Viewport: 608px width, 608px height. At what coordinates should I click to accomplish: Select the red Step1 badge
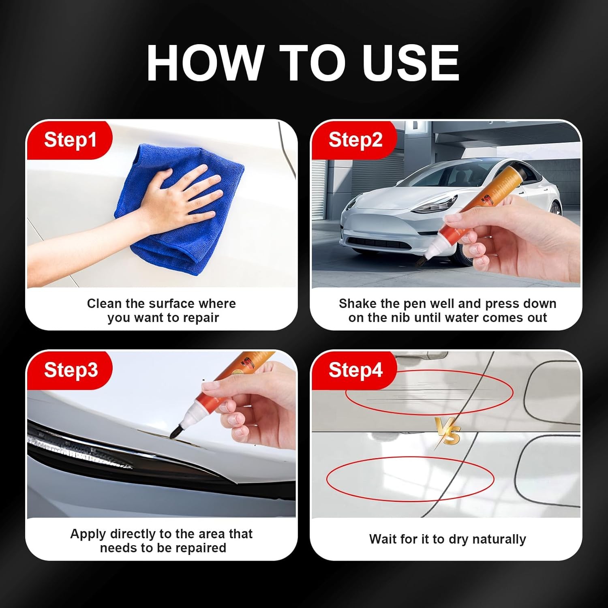pos(70,140)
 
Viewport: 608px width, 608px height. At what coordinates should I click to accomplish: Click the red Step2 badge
pos(355,140)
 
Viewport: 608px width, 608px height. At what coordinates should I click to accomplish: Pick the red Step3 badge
pos(71,370)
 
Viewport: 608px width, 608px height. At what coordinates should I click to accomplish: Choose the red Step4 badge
pos(355,370)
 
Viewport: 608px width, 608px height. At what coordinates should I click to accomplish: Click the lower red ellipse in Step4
pos(410,479)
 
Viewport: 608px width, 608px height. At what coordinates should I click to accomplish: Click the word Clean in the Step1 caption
pos(105,304)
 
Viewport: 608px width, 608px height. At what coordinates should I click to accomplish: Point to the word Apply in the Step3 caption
pos(88,534)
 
